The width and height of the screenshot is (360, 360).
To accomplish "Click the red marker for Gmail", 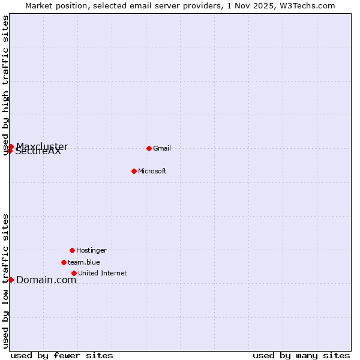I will pyautogui.click(x=149, y=148).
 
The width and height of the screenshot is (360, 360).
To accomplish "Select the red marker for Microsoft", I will pyautogui.click(x=134, y=171).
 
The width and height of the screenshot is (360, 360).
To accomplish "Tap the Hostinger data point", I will pyautogui.click(x=72, y=250).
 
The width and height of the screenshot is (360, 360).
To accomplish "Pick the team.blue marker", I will pyautogui.click(x=64, y=262).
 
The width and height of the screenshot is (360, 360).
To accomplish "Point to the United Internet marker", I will pyautogui.click(x=74, y=273).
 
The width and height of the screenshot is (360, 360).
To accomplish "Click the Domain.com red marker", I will pyautogui.click(x=11, y=280).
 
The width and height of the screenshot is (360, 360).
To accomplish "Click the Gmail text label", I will pyautogui.click(x=162, y=149).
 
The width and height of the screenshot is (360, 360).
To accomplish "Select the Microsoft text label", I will pyautogui.click(x=152, y=172).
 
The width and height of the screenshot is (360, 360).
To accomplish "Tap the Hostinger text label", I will pyautogui.click(x=91, y=250).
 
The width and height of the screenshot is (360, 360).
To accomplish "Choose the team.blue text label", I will pyautogui.click(x=84, y=262).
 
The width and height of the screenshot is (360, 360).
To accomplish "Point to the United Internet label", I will pyautogui.click(x=103, y=274).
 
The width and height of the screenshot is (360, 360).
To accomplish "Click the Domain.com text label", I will pyautogui.click(x=46, y=280).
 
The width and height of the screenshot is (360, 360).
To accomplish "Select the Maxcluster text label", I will pyautogui.click(x=42, y=146).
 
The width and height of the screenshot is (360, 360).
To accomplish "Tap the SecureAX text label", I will pyautogui.click(x=38, y=152).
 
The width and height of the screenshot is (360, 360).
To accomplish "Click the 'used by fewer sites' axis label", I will pyautogui.click(x=62, y=355).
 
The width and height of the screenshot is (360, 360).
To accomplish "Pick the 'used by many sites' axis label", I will pyautogui.click(x=301, y=355).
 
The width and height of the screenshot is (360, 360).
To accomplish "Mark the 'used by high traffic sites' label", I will pyautogui.click(x=6, y=85).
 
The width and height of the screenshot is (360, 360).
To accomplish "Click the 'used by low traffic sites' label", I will pyautogui.click(x=6, y=281).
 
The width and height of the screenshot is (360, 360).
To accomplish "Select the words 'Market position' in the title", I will pyautogui.click(x=52, y=5).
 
